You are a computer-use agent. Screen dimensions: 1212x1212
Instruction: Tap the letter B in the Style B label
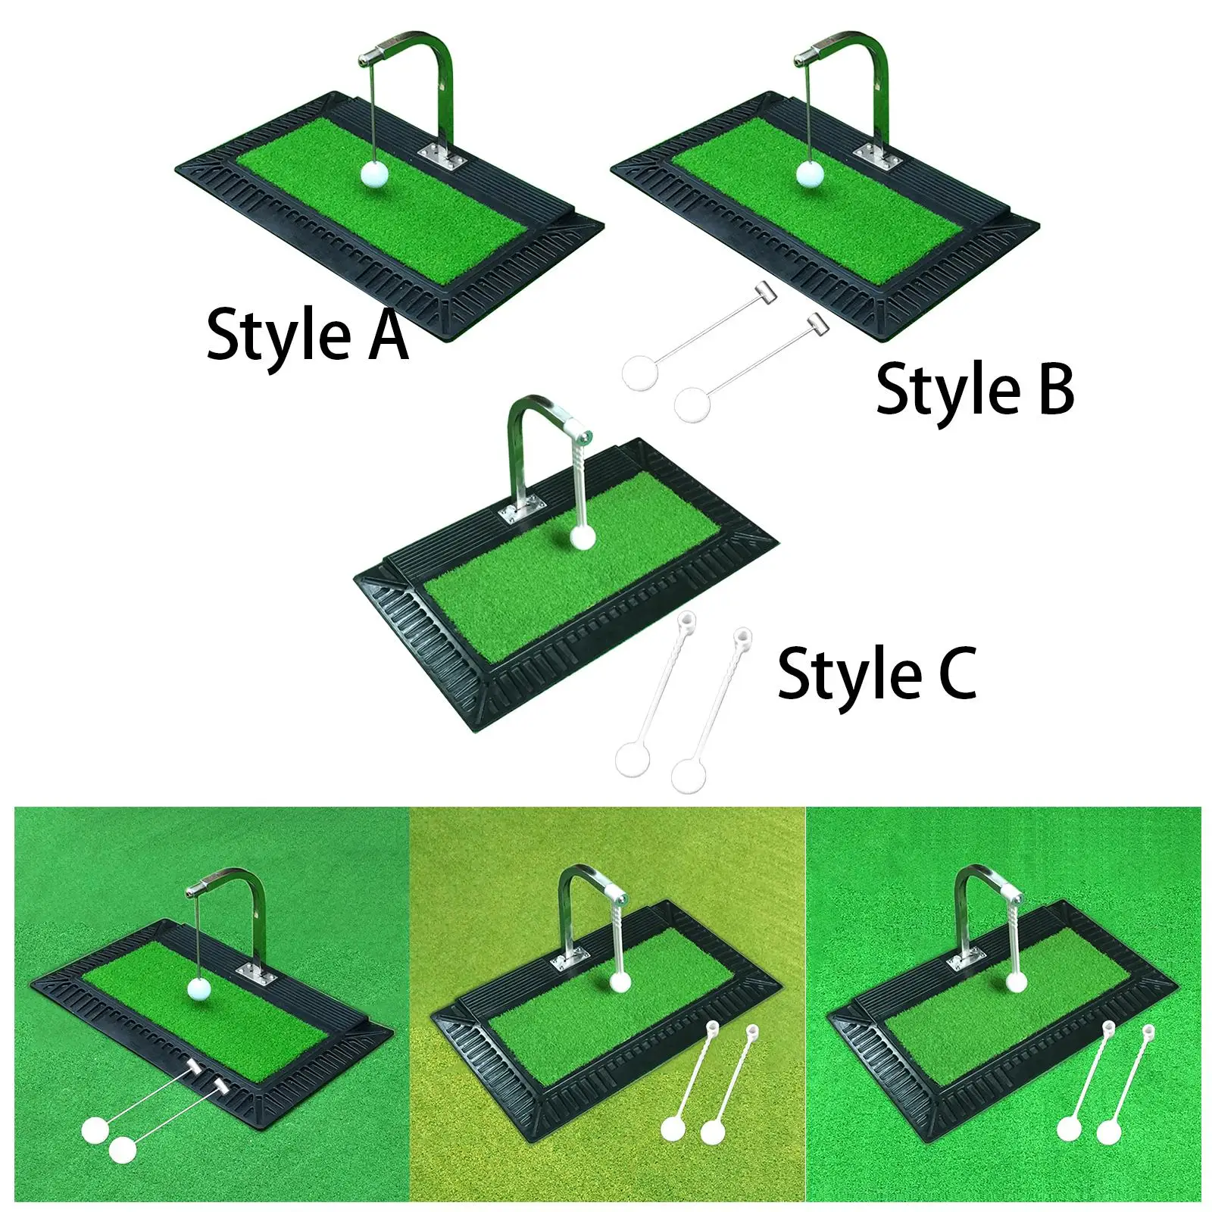click(x=1056, y=388)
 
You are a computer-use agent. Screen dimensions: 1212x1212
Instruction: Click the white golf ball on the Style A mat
click(x=374, y=173)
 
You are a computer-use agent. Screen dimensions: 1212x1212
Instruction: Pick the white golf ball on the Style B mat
click(x=810, y=173)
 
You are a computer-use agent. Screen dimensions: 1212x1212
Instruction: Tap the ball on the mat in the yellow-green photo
click(x=620, y=982)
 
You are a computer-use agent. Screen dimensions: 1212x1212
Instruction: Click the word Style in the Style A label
click(x=279, y=335)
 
